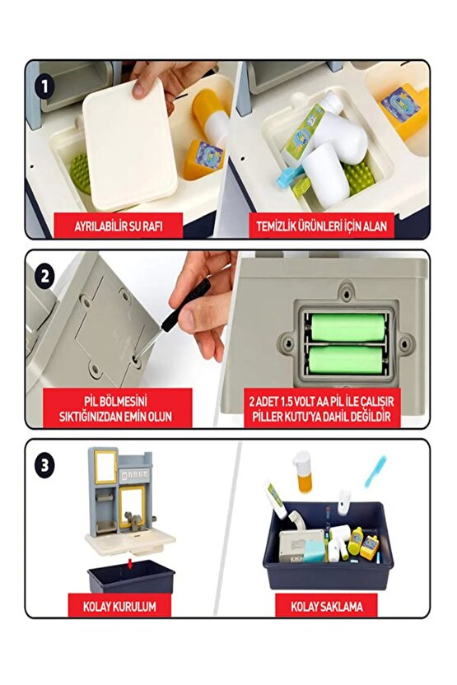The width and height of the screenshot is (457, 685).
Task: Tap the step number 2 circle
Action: (x=44, y=272)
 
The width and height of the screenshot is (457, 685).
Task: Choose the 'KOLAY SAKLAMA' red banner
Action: (x=327, y=607)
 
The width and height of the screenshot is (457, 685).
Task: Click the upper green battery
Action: (x=347, y=327)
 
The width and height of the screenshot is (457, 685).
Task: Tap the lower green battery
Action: (x=347, y=360)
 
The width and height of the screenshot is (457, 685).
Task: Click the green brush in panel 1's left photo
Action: (x=80, y=174)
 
